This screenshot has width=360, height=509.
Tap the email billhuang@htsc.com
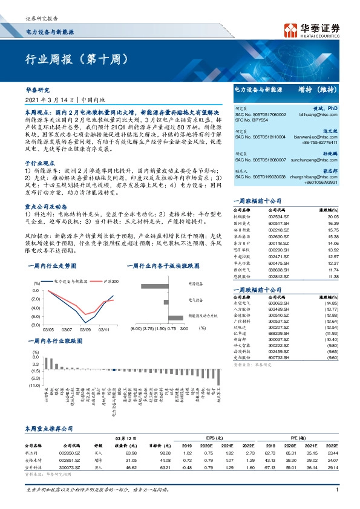click(x=323, y=113)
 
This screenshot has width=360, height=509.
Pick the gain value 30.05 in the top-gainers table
click(x=331, y=216)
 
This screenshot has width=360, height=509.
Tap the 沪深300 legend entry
click(x=111, y=282)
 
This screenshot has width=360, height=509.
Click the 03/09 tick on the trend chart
click(x=85, y=329)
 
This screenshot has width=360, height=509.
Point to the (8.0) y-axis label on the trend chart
click(x=36, y=325)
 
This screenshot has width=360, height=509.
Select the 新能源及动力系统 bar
click(x=175, y=317)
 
